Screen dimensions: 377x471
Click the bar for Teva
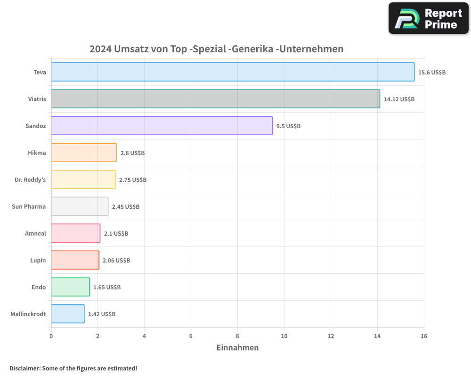[233, 72]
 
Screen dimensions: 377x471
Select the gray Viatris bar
[215, 99]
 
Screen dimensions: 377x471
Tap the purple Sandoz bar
[162, 126]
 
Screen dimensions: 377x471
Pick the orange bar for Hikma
[83, 153]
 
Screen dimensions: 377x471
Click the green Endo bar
[70, 287]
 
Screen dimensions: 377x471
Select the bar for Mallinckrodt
[67, 314]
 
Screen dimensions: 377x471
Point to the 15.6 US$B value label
[432, 73]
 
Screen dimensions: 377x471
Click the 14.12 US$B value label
[399, 99]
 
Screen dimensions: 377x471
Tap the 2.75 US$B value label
[133, 180]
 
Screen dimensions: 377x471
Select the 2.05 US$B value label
[116, 261]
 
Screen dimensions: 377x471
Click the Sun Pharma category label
[29, 206]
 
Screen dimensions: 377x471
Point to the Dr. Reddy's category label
[27, 180]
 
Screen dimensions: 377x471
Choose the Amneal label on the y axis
[35, 233]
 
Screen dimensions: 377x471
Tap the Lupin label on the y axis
[38, 260]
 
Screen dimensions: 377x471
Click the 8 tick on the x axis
[237, 336]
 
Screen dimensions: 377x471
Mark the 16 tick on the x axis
[424, 336]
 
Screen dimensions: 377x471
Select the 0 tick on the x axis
[51, 336]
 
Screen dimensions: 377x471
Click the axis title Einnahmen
[237, 348]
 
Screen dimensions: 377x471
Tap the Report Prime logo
[429, 18]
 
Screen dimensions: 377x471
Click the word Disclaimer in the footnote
[24, 368]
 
